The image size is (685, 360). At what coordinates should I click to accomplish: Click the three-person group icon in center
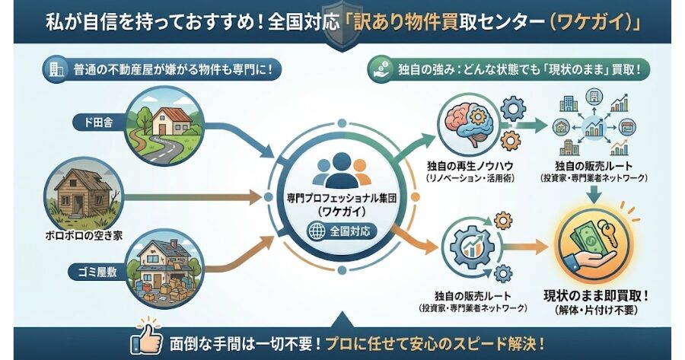pyautogui.click(x=342, y=171)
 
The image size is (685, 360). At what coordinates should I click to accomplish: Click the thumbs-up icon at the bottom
pyautogui.click(x=148, y=341)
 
